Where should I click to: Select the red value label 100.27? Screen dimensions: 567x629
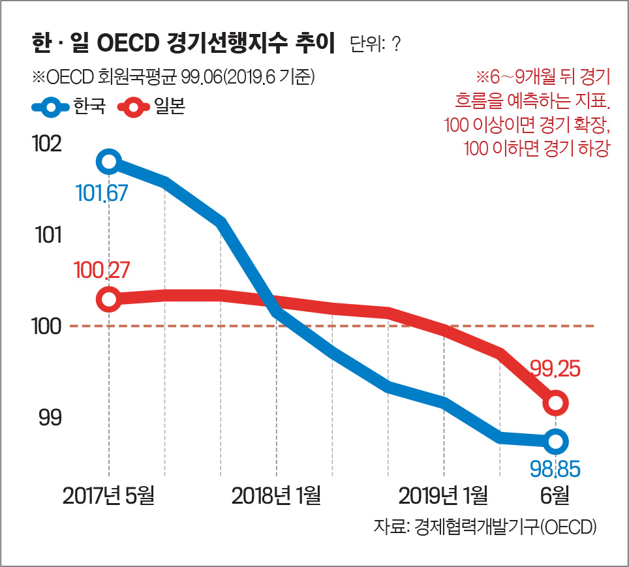102,269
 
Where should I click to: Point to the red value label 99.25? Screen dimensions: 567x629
554,370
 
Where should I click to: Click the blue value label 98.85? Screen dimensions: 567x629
554,468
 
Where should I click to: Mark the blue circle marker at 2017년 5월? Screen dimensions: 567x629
109,161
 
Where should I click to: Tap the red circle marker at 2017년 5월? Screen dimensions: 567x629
109,299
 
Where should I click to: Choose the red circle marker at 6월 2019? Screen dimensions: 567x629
555,402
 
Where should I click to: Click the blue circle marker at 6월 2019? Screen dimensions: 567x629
555,442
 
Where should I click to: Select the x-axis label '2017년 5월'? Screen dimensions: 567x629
109,496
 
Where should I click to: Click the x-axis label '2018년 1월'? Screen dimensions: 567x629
276,496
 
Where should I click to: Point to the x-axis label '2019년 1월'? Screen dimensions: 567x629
444,496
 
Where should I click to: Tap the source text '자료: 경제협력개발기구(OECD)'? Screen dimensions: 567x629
486,527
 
